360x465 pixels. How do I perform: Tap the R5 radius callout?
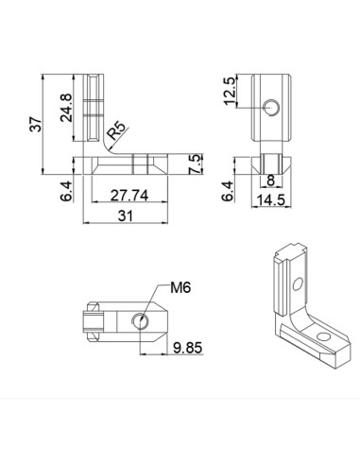[118, 129]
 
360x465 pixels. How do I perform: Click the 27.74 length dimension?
[128, 196]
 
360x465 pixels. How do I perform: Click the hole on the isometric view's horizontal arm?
[325, 336]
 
